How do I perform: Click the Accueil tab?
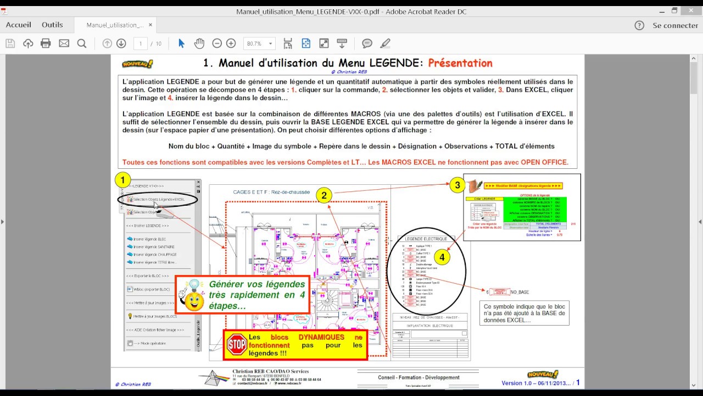coord(18,25)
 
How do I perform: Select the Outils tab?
coord(52,25)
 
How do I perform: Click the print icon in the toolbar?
coord(46,43)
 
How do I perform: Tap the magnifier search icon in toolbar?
coord(82,43)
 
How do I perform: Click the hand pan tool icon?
coord(199,43)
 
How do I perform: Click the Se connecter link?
coord(675,25)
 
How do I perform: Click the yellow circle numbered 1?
coord(122,180)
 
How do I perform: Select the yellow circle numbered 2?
coord(324,195)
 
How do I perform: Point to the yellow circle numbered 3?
coord(457,185)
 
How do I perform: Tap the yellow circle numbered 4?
coord(442,256)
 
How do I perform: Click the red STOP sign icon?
coord(237,344)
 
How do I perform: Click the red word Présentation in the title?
coord(460,63)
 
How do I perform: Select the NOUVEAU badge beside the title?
coord(137,64)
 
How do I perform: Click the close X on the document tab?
coord(150,25)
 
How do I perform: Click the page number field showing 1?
coord(141,43)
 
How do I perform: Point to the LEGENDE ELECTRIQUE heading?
coord(426,239)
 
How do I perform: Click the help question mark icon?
coord(639,25)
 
